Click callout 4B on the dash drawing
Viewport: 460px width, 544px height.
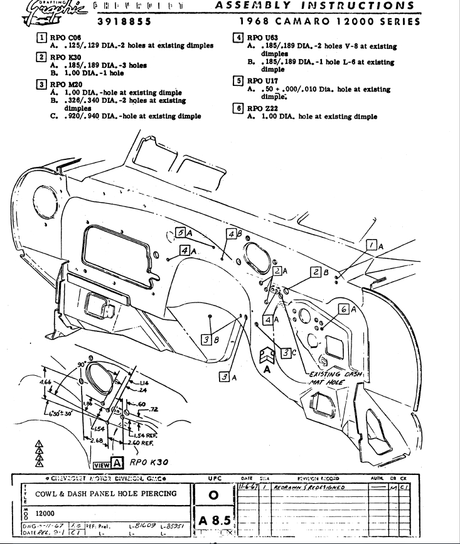[x=232, y=234]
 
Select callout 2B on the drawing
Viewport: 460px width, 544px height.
[x=320, y=272]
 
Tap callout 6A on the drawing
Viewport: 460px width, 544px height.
[x=347, y=309]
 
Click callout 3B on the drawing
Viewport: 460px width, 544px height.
[x=209, y=339]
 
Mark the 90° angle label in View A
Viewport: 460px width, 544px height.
[x=80, y=365]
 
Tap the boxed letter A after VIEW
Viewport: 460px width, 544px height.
[x=117, y=464]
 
